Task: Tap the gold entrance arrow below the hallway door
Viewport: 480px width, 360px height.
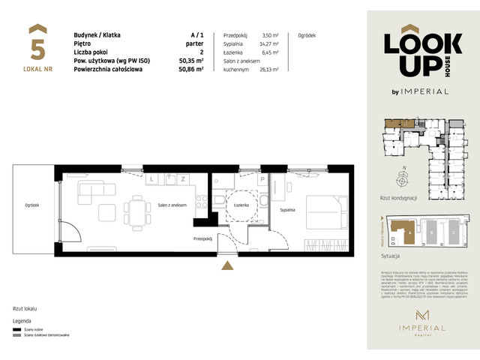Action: coord(223,264)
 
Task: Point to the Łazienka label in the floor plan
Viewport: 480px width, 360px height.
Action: coord(241,204)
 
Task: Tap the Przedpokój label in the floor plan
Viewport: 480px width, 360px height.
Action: coord(203,238)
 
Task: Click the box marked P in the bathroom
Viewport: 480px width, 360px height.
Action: coord(262,180)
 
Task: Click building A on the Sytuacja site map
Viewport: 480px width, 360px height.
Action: coord(409,232)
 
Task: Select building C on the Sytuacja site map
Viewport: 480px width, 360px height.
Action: coord(454,232)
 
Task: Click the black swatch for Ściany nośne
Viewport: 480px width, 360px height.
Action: coord(16,329)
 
